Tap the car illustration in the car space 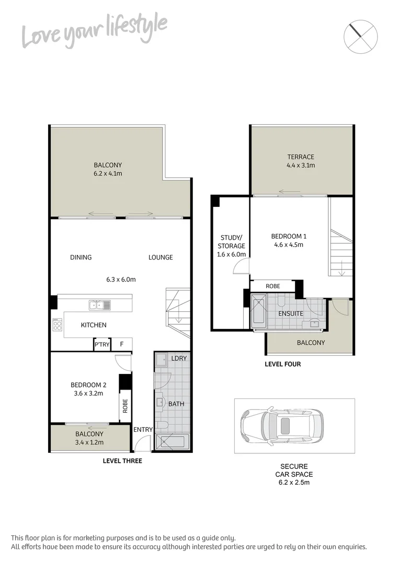point(281,426)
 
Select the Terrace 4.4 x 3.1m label point(301,161)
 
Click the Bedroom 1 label point(288,240)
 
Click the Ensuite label point(291,314)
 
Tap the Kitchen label point(94,325)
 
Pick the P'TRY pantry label point(102,345)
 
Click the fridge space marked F point(122,345)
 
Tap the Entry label point(143,430)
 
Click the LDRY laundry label point(179,358)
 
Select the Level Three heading point(122,461)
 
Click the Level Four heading point(283,364)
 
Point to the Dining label point(81,257)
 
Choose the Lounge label point(161,257)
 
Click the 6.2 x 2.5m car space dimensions point(293,483)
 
